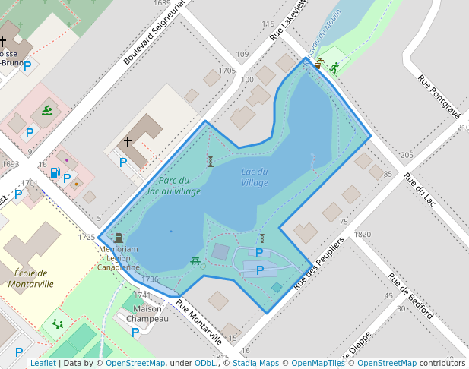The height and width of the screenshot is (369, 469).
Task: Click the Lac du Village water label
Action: click(255, 177)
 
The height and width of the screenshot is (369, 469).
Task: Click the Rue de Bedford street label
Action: click(410, 295)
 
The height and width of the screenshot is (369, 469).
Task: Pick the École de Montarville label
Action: click(30, 279)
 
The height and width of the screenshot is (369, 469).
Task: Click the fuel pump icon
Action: click(55, 172)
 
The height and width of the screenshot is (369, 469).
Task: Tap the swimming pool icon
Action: click(48, 112)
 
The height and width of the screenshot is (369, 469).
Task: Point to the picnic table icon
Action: click(195, 261)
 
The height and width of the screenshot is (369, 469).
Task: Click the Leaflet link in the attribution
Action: click(43, 363)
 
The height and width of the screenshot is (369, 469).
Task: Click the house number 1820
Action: click(361, 235)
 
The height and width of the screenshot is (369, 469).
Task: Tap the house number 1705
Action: click(227, 71)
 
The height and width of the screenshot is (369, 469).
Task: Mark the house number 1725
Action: click(87, 238)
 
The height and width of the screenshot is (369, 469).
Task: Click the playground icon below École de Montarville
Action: click(58, 323)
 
